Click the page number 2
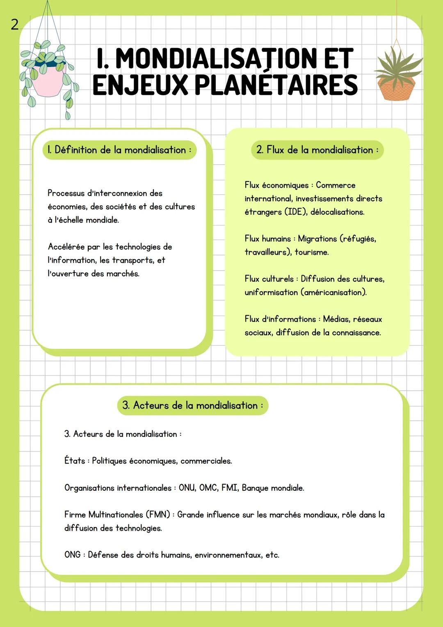(x=14, y=25)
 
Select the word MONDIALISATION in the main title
(x=217, y=58)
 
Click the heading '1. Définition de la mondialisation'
(x=119, y=150)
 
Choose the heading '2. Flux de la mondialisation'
(x=317, y=150)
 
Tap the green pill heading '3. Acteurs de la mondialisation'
(x=192, y=406)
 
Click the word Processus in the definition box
(x=66, y=193)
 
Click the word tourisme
(x=312, y=253)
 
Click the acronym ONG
(x=73, y=555)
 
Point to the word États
(x=74, y=461)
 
